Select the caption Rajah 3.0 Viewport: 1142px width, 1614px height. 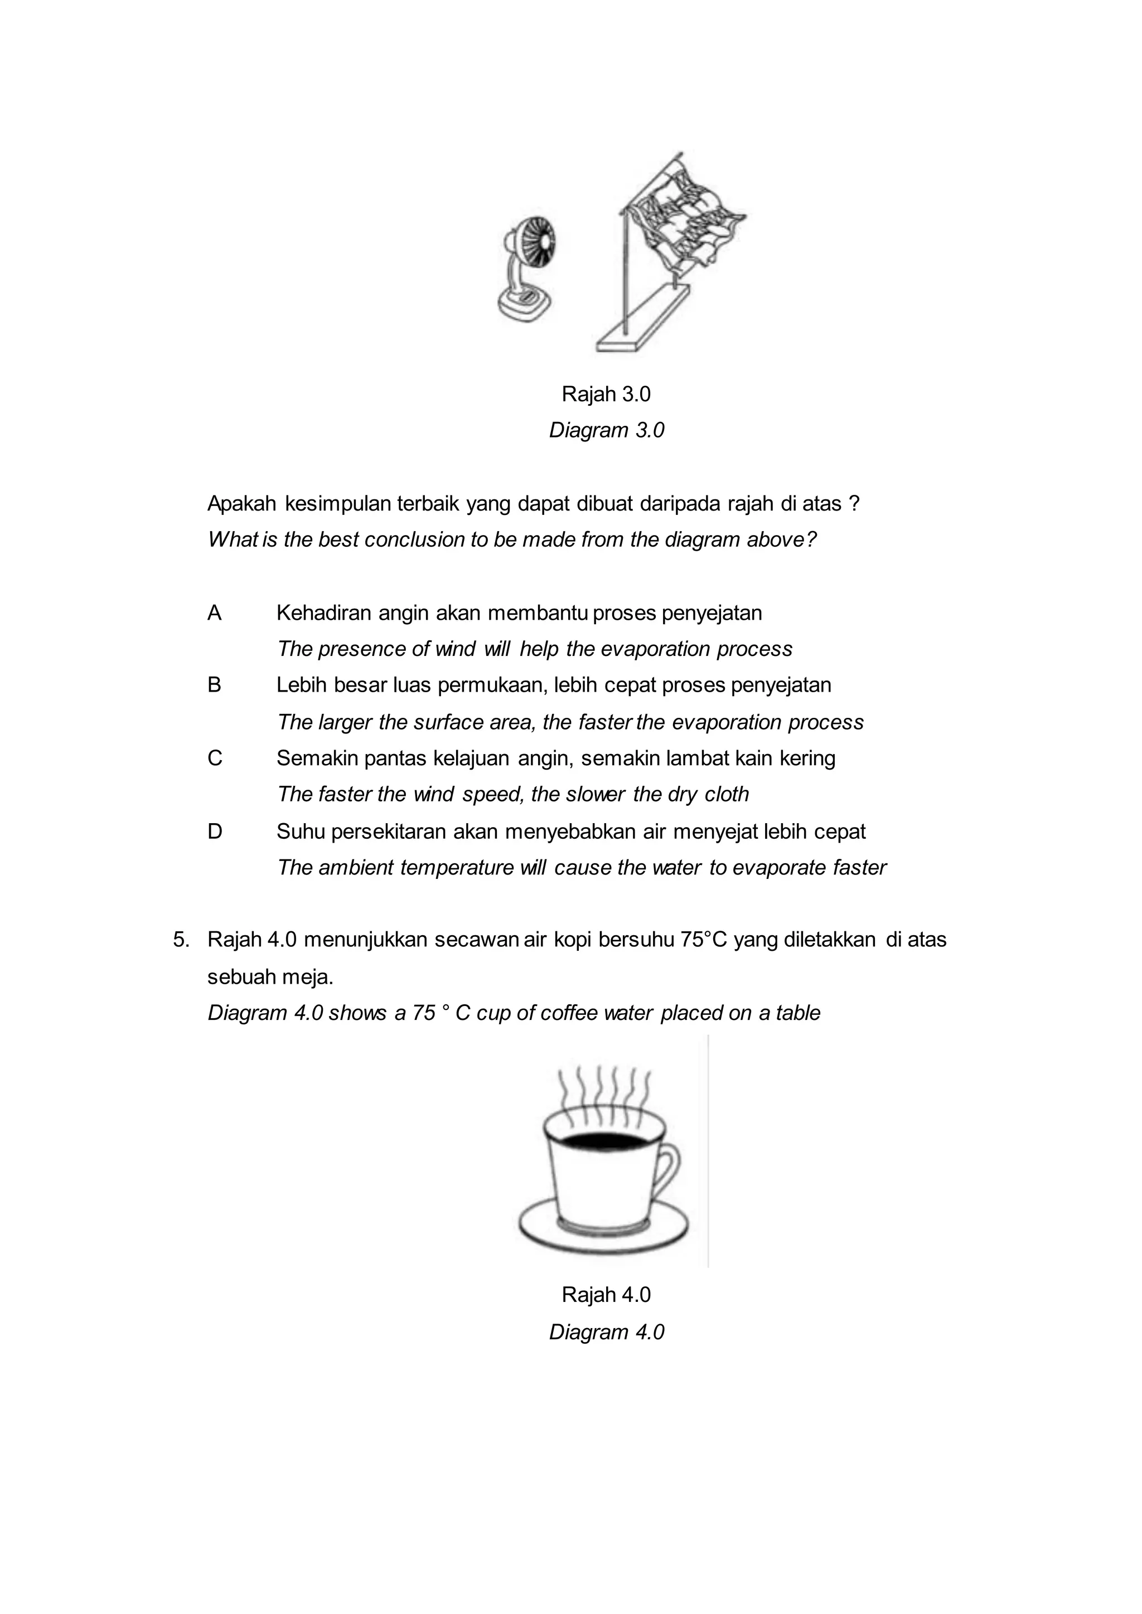click(x=606, y=395)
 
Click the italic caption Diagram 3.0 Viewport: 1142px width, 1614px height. click(x=606, y=430)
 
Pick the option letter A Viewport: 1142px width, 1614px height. click(x=215, y=613)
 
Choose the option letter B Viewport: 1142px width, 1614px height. click(x=215, y=686)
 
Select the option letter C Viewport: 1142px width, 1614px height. click(x=215, y=759)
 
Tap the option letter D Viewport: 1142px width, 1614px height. click(x=215, y=832)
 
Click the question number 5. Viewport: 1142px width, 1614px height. click(x=181, y=940)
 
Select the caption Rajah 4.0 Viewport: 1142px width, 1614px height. click(x=606, y=1295)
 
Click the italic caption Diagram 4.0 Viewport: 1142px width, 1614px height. click(x=606, y=1332)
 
